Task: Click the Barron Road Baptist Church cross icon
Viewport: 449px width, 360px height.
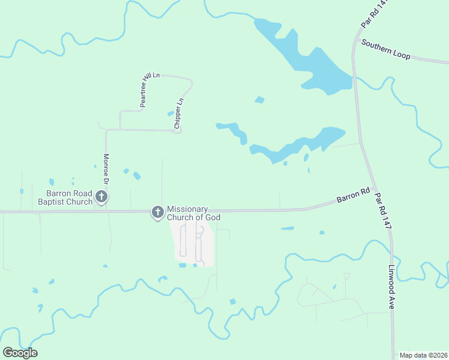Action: click(x=102, y=197)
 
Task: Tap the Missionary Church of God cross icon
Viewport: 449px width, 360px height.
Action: click(x=157, y=212)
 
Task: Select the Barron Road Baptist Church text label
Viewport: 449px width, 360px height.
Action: click(x=70, y=197)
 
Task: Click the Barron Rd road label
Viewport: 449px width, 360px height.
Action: click(x=352, y=196)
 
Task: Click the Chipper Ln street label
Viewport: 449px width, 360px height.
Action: click(x=178, y=114)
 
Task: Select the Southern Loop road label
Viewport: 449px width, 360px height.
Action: click(x=385, y=49)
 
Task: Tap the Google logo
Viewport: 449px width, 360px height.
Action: click(x=20, y=352)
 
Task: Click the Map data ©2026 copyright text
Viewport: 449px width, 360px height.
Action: click(x=423, y=355)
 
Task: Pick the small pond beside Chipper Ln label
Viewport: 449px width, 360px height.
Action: click(x=170, y=113)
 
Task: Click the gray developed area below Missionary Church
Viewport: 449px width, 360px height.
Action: click(x=192, y=243)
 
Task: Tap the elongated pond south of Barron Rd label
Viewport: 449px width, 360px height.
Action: click(x=288, y=229)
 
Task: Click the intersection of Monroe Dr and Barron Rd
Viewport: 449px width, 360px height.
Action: click(x=106, y=211)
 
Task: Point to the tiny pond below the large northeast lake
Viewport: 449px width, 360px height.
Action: click(x=259, y=100)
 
